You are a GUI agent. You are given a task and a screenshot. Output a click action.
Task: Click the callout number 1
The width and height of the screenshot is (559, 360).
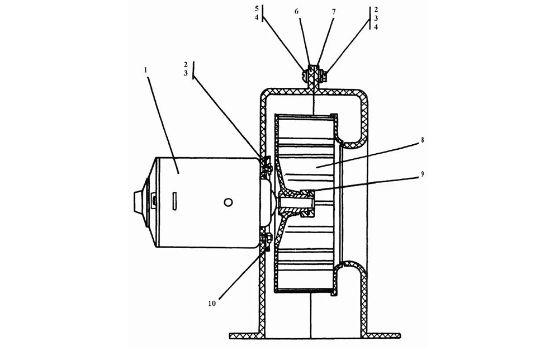pos(145,70)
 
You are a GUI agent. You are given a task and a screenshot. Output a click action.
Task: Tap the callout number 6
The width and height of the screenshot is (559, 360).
pos(296,11)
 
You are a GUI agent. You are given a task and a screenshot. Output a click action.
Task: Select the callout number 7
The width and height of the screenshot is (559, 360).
pos(334,12)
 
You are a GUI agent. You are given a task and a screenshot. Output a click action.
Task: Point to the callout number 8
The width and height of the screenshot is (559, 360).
pos(423,140)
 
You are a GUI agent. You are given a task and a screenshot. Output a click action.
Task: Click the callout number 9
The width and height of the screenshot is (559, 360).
pos(423,174)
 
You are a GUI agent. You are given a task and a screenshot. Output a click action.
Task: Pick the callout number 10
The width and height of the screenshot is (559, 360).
pos(212,304)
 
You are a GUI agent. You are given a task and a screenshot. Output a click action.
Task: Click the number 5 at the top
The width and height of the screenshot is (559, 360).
pos(257,8)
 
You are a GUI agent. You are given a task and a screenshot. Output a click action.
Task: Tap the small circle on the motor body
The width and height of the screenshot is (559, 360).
pos(228,202)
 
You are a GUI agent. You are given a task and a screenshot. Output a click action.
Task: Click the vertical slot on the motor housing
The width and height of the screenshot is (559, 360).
pos(174,201)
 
